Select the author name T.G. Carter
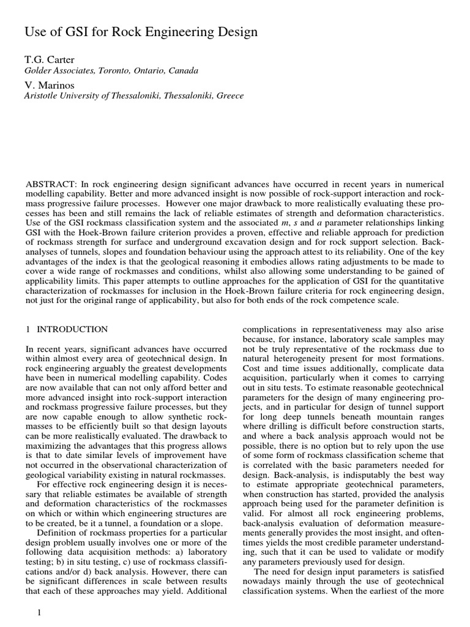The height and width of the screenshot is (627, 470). tap(50, 59)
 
